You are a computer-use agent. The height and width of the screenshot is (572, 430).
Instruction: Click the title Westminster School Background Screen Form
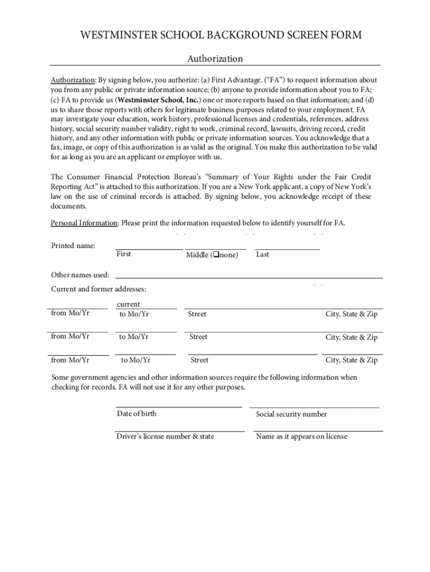pos(221,35)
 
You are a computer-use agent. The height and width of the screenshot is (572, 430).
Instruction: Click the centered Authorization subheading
pos(215,59)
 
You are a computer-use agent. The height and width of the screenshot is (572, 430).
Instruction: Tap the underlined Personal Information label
pos(84,223)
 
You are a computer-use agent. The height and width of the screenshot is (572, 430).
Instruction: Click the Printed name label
pos(73,246)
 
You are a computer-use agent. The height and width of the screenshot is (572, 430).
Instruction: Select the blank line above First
pos(149,249)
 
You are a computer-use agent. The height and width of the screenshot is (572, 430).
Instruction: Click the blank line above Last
pos(287,249)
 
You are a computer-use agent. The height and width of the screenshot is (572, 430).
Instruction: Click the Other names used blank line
pos(249,278)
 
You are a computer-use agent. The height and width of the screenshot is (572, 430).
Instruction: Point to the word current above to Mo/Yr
pos(128,304)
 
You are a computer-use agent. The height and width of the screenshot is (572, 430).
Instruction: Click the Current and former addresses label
pos(99,289)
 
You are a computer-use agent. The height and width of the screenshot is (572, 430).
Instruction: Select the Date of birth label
pos(136,413)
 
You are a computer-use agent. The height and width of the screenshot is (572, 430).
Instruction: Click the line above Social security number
pos(314,408)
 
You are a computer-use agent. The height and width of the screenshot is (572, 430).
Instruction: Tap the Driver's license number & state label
pos(165,436)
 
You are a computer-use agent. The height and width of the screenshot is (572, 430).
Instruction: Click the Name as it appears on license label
pos(302,437)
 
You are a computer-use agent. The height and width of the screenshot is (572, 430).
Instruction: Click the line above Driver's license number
pos(180,431)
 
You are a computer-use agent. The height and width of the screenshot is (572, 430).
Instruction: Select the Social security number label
pos(292,414)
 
